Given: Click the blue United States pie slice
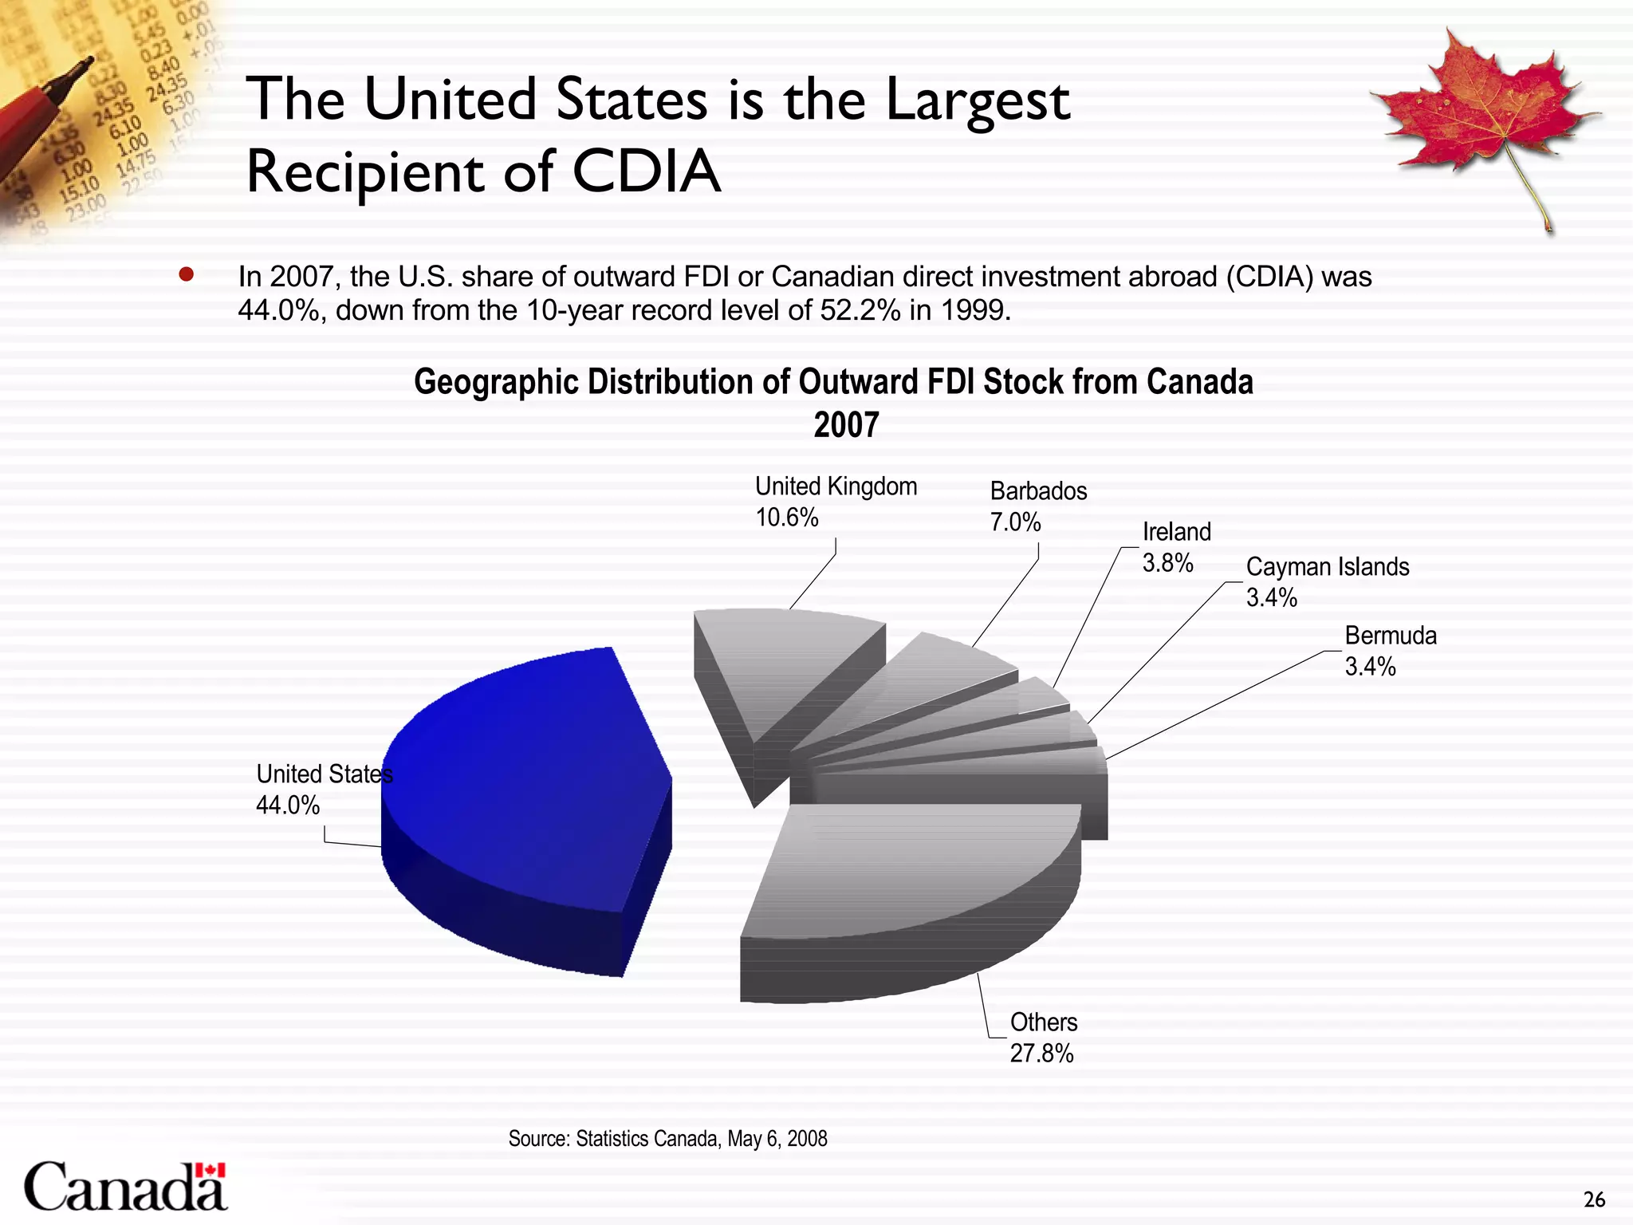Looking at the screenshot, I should click(x=526, y=782).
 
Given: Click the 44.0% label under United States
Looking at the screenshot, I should click(x=288, y=806).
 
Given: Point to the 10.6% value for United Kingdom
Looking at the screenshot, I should click(x=787, y=518).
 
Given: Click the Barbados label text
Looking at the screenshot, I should click(x=1038, y=491).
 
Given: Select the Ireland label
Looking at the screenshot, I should click(x=1176, y=532).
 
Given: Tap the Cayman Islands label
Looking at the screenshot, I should click(x=1328, y=567).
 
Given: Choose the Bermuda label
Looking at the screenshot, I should click(x=1391, y=636).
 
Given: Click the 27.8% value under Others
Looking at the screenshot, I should click(x=1041, y=1054).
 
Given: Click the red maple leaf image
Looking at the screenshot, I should click(x=1483, y=120).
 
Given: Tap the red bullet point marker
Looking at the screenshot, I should click(x=187, y=275).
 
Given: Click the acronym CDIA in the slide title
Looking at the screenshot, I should click(x=646, y=171).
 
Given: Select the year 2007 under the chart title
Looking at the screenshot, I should click(x=845, y=425).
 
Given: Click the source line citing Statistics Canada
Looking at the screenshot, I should click(x=667, y=1139).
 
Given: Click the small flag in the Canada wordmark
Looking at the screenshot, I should click(x=211, y=1170).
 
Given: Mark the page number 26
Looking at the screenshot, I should click(x=1594, y=1199).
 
